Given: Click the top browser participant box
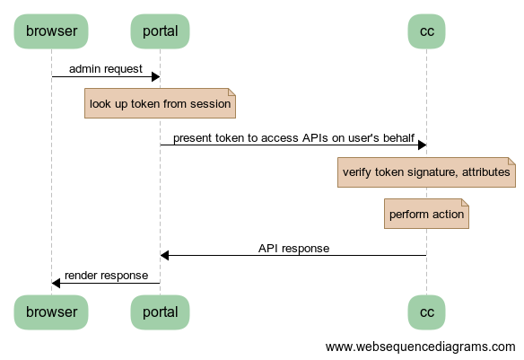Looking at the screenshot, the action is click(x=51, y=31).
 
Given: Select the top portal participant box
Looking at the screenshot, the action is click(x=160, y=31).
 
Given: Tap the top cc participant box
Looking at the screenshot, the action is click(x=427, y=31).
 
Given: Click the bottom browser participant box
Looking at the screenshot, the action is click(x=51, y=312).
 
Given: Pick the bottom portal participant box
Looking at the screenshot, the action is click(x=160, y=312).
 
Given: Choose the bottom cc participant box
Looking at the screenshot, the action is click(x=427, y=312).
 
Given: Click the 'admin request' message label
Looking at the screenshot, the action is click(x=106, y=69).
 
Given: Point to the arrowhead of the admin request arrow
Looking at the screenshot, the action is click(x=156, y=77).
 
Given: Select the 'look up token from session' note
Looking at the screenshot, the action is click(x=160, y=103).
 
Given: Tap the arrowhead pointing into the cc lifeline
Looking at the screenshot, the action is click(x=423, y=145).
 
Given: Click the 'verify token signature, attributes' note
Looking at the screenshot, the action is click(x=426, y=172).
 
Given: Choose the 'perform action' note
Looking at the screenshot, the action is click(x=426, y=214).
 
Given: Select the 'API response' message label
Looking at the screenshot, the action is click(x=293, y=249).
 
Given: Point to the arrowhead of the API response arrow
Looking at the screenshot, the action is click(x=164, y=255).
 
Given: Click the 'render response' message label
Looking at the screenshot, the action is click(x=106, y=276).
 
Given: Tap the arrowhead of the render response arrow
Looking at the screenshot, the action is click(x=56, y=283).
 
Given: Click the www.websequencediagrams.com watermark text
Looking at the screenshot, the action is click(x=421, y=347).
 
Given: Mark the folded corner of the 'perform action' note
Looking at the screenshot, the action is click(x=466, y=202).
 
